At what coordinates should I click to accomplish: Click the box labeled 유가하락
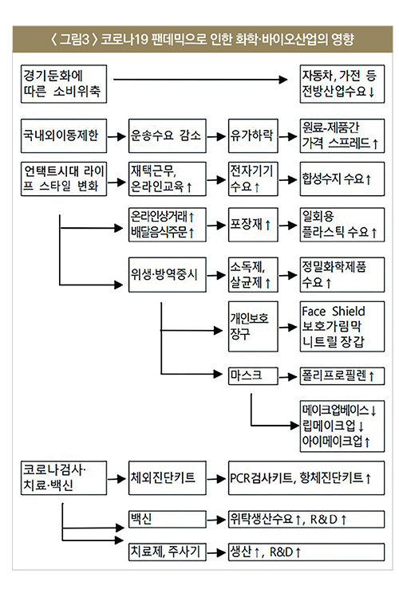tap(253, 136)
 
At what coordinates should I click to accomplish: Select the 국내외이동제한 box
tap(64, 136)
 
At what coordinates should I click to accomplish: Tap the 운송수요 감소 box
tap(168, 136)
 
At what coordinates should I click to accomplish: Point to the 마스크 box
tap(253, 375)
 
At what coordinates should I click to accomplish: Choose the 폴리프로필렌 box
tap(342, 375)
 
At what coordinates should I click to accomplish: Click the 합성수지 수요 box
tap(342, 179)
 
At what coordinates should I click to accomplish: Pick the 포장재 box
tap(253, 225)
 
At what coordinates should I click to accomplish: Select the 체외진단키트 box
tap(168, 477)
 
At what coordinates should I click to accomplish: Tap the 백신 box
tap(168, 520)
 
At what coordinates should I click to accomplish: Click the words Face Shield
tap(333, 311)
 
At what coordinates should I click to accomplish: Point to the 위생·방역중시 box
tap(168, 274)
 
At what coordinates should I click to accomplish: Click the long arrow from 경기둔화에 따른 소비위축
tap(200, 80)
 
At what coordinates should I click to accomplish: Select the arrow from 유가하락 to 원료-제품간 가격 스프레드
tap(288, 136)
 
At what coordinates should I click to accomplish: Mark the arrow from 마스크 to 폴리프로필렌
tap(288, 377)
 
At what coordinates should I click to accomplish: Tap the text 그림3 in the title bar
tap(75, 39)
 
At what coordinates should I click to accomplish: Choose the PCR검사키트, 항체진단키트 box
tap(306, 477)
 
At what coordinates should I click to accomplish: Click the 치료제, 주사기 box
tap(168, 552)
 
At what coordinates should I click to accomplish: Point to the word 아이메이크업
tap(332, 441)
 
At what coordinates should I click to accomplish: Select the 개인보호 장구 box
tap(253, 326)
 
